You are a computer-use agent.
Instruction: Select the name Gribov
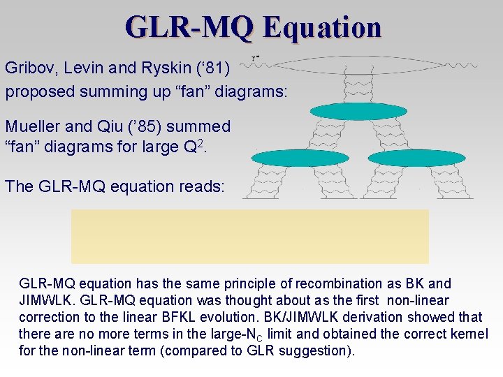(27, 68)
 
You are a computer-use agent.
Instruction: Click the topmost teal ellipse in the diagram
(358, 111)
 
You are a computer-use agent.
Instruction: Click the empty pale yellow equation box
(250, 236)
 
